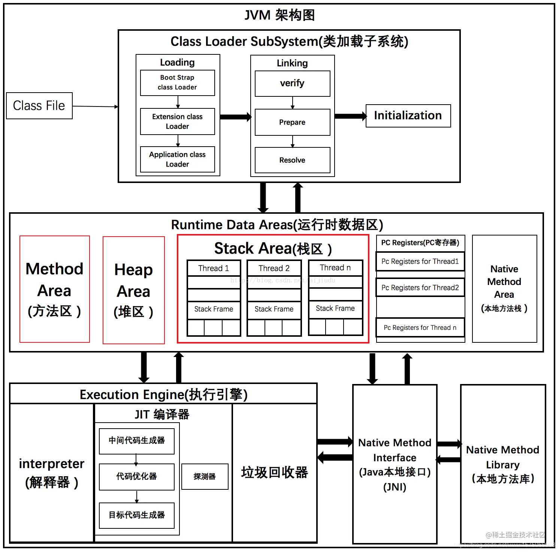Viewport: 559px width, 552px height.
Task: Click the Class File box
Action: [39, 106]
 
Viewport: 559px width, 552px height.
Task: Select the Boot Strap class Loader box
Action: [177, 82]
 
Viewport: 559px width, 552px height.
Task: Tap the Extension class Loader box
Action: [177, 121]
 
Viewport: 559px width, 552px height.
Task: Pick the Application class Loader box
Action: [177, 159]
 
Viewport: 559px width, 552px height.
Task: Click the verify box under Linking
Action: [292, 83]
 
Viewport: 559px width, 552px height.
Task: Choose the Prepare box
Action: [292, 122]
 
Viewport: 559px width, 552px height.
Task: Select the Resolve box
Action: [292, 160]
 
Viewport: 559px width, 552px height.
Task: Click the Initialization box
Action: [408, 115]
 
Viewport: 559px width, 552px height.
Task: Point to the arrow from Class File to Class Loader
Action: [95, 106]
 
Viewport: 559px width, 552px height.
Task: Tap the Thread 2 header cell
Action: [274, 268]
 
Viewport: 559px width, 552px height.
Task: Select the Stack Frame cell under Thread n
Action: [335, 308]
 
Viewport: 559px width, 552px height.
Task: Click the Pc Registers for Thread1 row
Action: [420, 261]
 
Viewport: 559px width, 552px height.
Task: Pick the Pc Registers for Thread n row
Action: [420, 327]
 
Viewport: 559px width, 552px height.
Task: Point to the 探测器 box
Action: [205, 476]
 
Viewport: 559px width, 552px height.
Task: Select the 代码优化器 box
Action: [137, 477]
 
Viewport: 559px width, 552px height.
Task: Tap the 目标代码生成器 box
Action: [137, 515]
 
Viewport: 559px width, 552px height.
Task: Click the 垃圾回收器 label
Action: [274, 472]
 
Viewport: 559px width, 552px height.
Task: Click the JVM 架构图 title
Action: [279, 15]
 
